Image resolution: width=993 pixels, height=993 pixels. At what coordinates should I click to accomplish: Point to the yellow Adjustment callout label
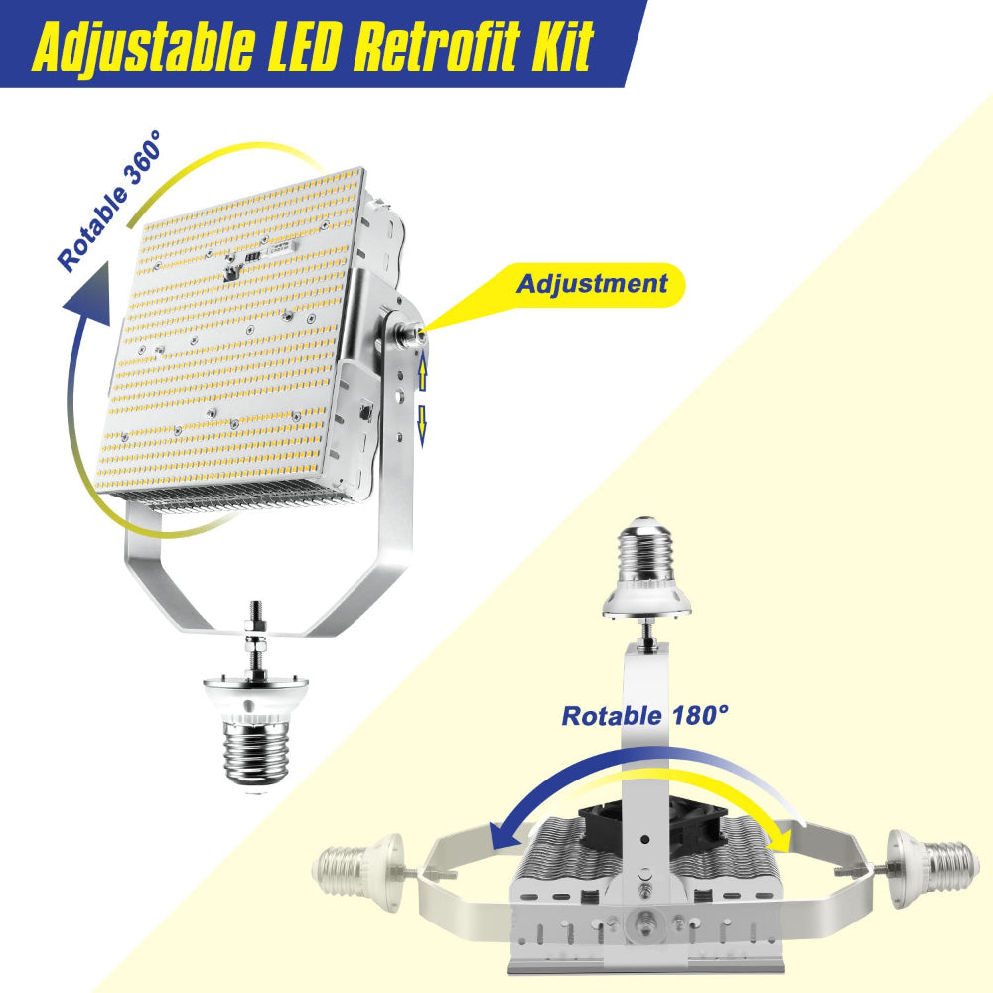point(592,283)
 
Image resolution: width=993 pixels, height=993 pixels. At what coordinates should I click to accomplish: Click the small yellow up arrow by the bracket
point(422,372)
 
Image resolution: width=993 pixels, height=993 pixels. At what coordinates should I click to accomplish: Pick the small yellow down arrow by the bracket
point(422,421)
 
